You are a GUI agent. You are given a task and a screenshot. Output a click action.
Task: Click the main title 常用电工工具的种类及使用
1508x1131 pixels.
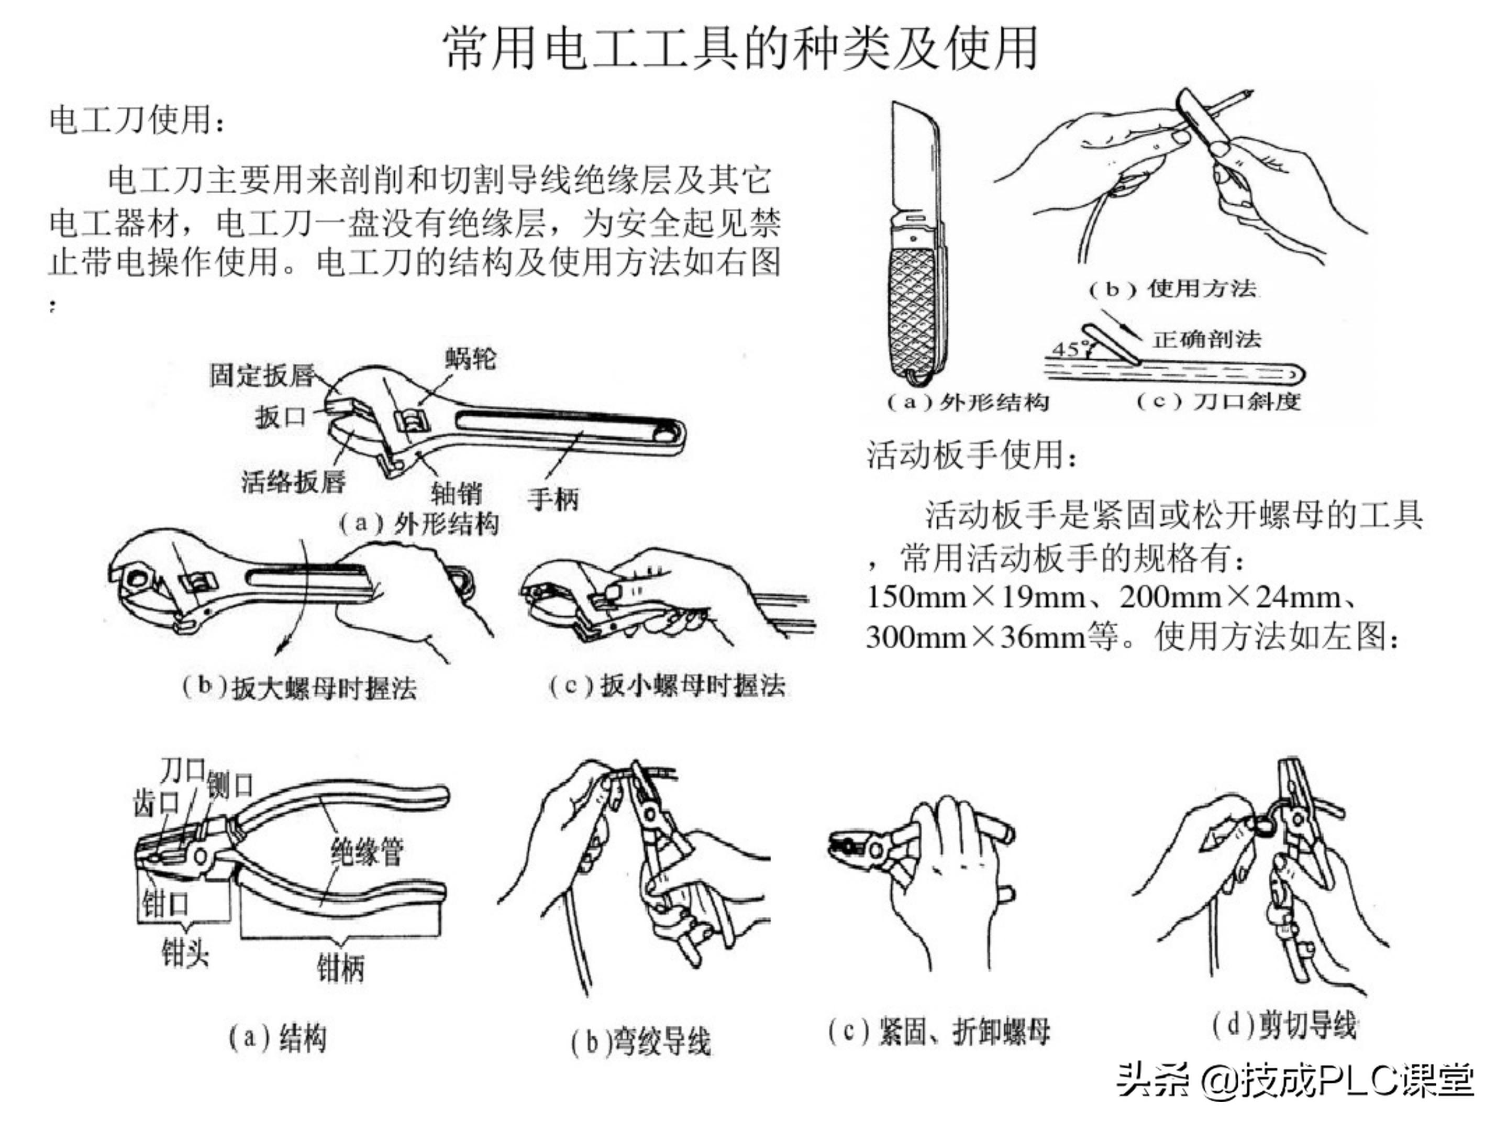(x=740, y=49)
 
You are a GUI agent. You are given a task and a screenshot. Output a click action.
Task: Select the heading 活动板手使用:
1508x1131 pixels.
(x=971, y=454)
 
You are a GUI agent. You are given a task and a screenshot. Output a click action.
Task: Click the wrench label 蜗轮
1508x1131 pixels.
(x=470, y=358)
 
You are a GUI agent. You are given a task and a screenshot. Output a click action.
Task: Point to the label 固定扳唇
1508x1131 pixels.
(x=262, y=375)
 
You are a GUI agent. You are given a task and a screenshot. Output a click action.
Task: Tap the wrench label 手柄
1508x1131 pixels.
(x=553, y=499)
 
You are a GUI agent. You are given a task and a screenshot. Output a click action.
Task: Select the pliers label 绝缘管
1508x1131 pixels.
(x=367, y=851)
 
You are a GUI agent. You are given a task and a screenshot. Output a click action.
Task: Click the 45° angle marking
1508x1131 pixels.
(x=1066, y=349)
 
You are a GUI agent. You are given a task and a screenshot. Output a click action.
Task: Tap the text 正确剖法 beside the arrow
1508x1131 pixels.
(x=1207, y=339)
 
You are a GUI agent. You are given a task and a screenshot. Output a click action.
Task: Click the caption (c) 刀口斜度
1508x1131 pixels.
(x=1218, y=401)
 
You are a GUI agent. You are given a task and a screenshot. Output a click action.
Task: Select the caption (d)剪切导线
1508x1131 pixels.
(x=1285, y=1025)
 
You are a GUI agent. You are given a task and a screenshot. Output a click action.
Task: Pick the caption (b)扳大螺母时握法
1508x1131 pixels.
(x=300, y=687)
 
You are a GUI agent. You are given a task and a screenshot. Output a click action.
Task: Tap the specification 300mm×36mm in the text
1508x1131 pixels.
(x=975, y=637)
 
